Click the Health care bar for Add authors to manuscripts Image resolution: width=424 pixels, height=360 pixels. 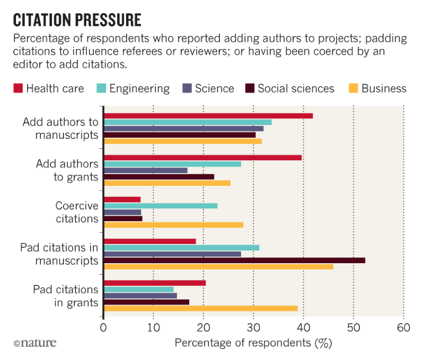pos(208,116)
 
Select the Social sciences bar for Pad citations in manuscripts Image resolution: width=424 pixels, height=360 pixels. pos(234,260)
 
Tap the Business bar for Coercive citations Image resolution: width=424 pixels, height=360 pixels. pos(174,225)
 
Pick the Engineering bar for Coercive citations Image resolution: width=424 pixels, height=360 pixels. pos(161,206)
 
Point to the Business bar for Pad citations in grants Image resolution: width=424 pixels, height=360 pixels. pos(201,308)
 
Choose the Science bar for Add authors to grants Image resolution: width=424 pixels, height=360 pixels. pos(146,170)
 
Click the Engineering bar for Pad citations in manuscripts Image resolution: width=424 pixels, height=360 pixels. pos(181,247)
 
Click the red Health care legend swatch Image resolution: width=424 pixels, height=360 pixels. pos(18,88)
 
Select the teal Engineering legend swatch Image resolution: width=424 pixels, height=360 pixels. pos(102,88)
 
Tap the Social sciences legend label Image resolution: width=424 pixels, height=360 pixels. pos(296,88)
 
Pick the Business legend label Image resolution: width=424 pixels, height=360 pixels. pos(384,88)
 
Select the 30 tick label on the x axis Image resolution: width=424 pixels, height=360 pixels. pos(254,327)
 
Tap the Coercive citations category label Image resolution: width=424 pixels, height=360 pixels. pos(76,212)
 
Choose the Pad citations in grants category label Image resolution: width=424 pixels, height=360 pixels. pos(65,296)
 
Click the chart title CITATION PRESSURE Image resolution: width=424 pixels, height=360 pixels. pos(77,21)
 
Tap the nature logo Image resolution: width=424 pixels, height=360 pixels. pos(35,343)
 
